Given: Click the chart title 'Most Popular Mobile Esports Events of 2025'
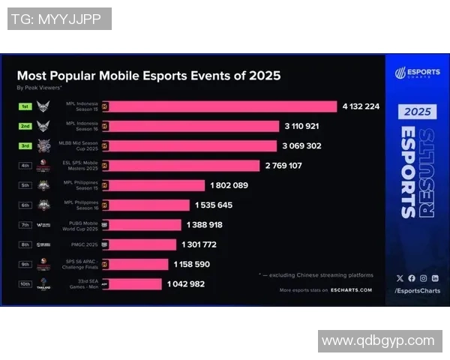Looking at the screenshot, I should (148, 75).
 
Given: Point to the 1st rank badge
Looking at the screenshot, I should (25, 106).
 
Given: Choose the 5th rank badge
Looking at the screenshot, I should (25, 185).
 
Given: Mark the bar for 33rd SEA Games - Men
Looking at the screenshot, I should (136, 283).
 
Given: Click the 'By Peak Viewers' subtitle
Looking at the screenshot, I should (37, 88).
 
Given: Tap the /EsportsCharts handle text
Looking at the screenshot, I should (416, 289).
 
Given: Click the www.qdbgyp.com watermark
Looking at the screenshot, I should (377, 341).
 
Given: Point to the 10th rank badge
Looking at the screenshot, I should (25, 283).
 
